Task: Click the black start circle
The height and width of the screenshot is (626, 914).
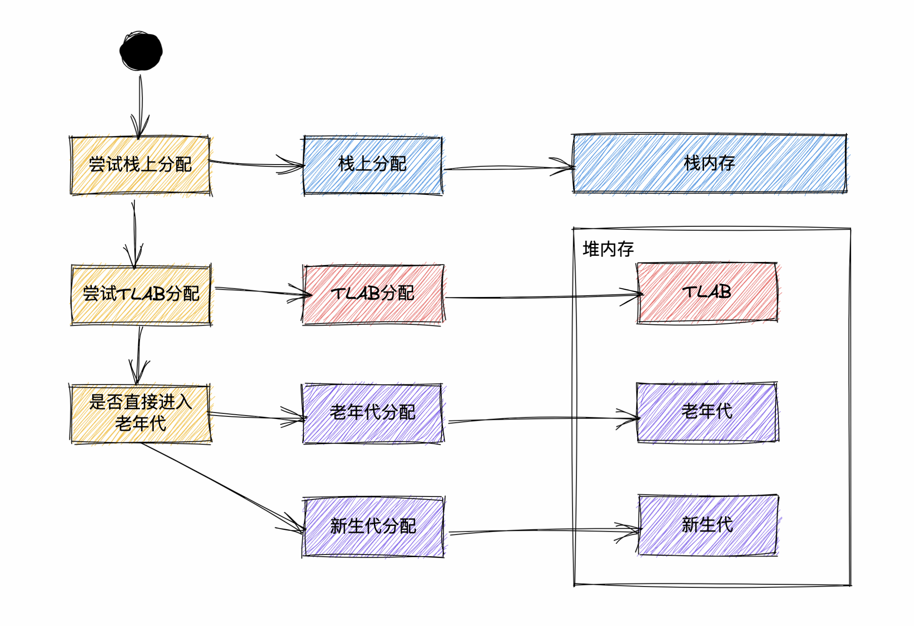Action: coord(141,51)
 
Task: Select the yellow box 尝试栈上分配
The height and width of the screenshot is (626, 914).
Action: coord(140,165)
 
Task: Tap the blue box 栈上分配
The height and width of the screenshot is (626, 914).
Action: coord(373,165)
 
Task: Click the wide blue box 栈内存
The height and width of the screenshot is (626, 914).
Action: coord(710,163)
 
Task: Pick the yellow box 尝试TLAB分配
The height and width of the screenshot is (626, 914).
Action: coord(141,294)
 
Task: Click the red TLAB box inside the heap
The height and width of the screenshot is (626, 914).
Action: coord(707,292)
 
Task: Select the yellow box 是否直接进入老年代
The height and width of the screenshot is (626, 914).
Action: coord(140,413)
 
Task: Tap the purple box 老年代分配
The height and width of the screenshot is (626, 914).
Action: coord(373,413)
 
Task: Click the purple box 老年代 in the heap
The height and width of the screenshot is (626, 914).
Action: coord(707,412)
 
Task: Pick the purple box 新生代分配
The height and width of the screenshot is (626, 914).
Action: coord(373,526)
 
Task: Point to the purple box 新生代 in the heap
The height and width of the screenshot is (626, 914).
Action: coord(708,525)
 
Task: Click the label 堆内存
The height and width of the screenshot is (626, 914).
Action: coord(608,249)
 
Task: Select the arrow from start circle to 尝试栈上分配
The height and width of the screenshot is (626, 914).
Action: coord(140,104)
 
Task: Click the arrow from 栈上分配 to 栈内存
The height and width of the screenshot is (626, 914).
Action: coord(507,168)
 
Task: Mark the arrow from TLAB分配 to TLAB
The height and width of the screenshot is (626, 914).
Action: coord(541,297)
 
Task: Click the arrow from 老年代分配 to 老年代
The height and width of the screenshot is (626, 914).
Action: coord(541,419)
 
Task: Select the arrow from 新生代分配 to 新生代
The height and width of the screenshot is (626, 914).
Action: coord(541,530)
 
